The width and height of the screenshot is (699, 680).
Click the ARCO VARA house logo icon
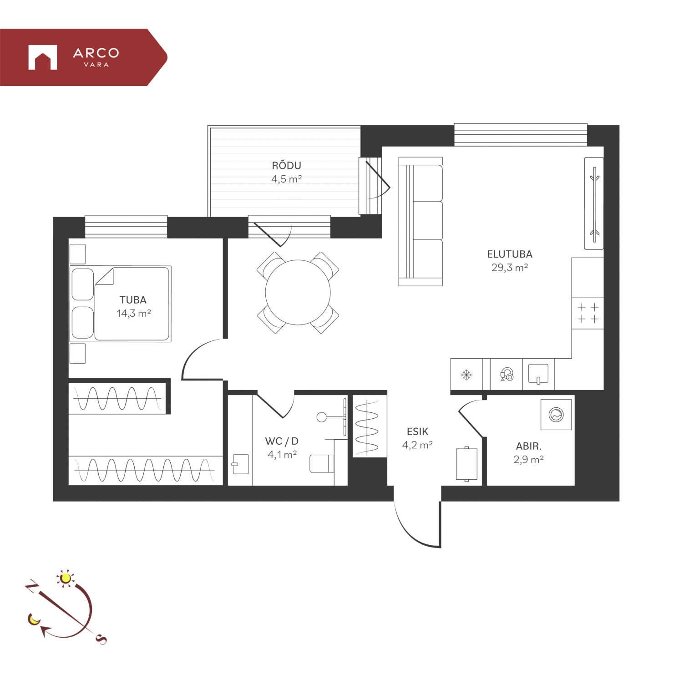click(x=43, y=57)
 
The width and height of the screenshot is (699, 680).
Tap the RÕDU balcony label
click(x=287, y=166)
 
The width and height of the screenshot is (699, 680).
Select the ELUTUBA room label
click(x=510, y=254)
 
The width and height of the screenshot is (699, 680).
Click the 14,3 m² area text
click(x=134, y=313)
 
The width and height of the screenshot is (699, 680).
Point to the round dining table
click(x=298, y=292)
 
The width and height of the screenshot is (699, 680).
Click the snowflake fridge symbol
click(x=466, y=375)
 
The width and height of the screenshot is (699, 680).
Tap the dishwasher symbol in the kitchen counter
click(x=507, y=374)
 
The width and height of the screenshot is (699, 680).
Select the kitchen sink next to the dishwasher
click(x=538, y=374)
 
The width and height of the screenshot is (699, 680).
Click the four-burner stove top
click(x=588, y=313)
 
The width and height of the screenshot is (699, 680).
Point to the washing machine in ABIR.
click(x=556, y=415)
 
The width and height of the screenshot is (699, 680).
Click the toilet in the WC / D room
click(x=322, y=463)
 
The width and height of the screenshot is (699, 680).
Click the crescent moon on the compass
click(x=34, y=619)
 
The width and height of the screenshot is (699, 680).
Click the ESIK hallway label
click(x=417, y=431)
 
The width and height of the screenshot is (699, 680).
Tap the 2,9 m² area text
click(x=528, y=460)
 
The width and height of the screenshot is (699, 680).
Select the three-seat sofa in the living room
click(x=420, y=222)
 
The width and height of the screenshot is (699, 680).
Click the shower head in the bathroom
click(x=322, y=416)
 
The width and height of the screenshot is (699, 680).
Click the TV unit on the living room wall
click(x=594, y=203)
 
